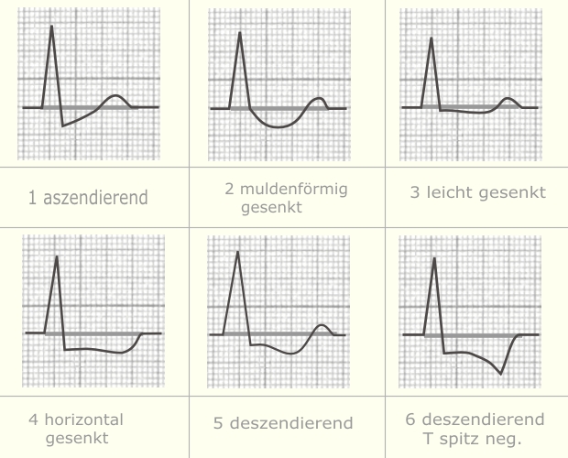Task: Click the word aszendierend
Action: [x=94, y=197]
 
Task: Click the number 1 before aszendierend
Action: [x=33, y=197]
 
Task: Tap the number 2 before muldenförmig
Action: [x=230, y=190]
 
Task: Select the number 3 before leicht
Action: [x=416, y=192]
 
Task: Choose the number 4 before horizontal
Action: [x=33, y=420]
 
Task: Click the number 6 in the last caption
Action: [x=410, y=420]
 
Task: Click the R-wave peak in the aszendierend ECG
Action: [x=51, y=26]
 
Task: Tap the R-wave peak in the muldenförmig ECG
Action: [x=240, y=32]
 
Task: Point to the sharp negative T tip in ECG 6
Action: [x=500, y=374]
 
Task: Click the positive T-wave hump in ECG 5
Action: [x=321, y=325]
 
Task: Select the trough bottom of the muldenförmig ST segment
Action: [x=275, y=127]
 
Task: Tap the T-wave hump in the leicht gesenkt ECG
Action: [x=509, y=98]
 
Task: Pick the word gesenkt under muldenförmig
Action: [x=272, y=207]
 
